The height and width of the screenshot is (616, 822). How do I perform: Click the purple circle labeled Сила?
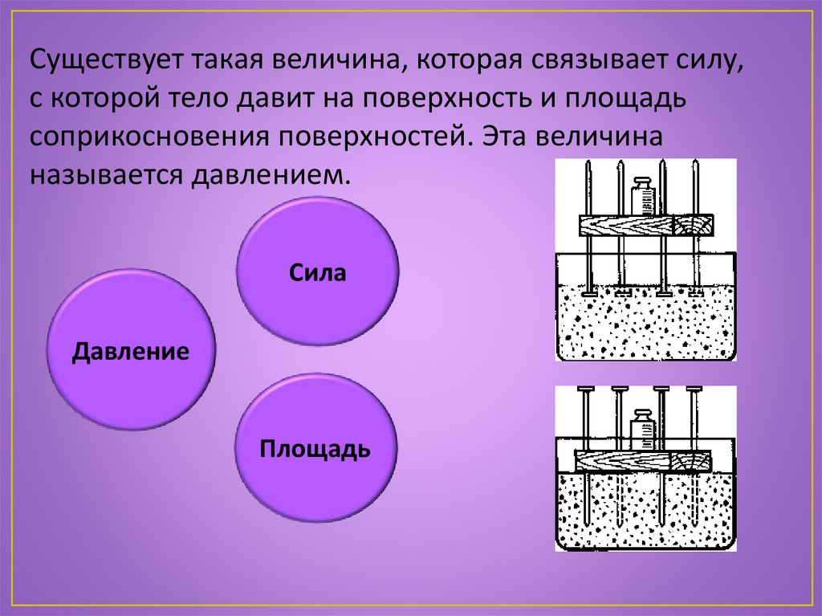318,271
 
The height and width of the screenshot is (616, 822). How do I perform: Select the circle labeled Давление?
131,350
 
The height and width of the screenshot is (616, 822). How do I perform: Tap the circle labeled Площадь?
315,447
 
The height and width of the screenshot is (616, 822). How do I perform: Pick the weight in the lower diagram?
642,430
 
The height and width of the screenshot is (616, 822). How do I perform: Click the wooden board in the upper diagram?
647,226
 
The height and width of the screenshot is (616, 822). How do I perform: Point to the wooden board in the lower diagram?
643,461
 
